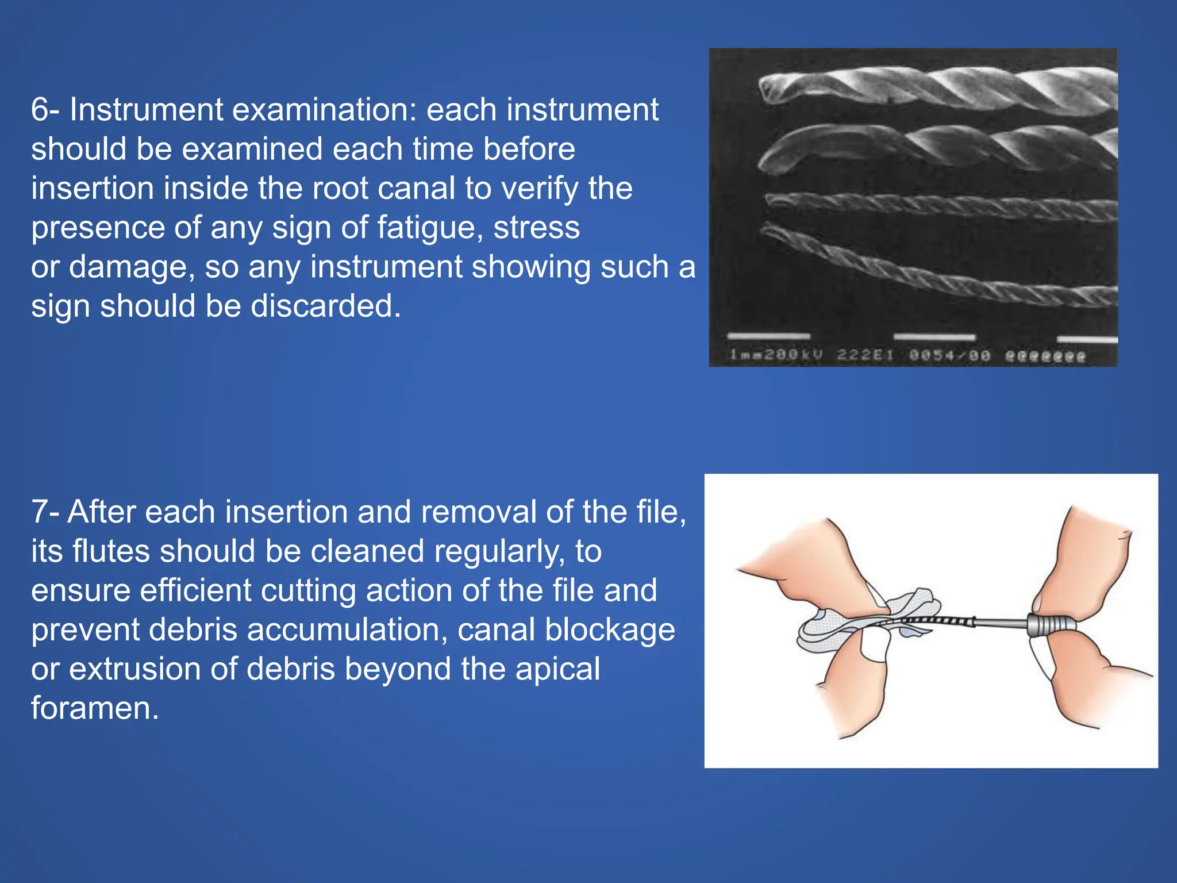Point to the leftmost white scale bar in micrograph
768,336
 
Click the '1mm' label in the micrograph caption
742,355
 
